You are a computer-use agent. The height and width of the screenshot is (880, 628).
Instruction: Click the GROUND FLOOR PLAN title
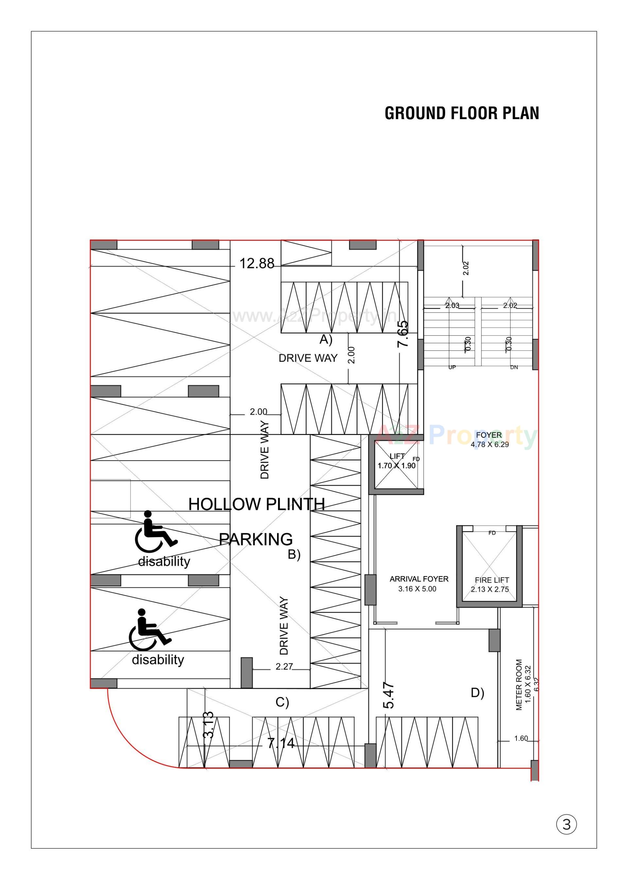click(x=462, y=113)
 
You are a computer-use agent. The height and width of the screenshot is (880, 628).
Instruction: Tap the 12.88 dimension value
click(x=257, y=264)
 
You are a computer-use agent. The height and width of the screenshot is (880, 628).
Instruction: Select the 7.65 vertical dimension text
click(x=403, y=333)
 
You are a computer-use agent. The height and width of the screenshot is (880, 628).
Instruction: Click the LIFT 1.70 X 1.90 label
click(x=397, y=461)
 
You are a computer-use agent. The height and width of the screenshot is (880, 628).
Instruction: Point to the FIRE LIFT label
click(x=492, y=580)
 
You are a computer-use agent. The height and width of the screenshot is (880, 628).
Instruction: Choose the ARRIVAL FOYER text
click(x=419, y=579)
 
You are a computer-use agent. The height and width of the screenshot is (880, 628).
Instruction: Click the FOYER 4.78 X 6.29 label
click(x=489, y=440)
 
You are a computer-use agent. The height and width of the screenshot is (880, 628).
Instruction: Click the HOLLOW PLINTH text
click(x=256, y=504)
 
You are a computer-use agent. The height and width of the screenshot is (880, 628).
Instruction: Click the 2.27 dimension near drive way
click(x=284, y=667)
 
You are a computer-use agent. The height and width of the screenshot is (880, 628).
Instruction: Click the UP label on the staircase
click(x=452, y=367)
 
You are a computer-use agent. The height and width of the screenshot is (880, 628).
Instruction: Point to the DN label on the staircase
click(x=514, y=367)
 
